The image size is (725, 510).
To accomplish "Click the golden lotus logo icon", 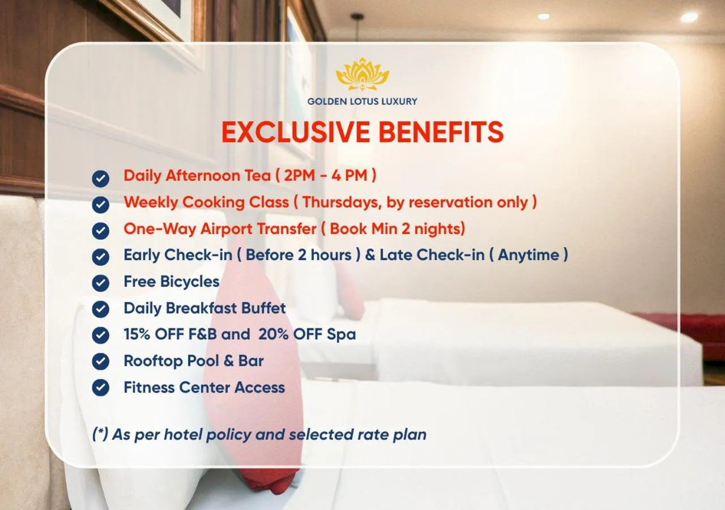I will click(362, 74).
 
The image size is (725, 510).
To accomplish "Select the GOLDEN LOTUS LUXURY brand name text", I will click(362, 101).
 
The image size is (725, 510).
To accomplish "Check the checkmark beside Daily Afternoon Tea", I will click(101, 178).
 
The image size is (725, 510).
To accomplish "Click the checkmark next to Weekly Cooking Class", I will click(101, 205).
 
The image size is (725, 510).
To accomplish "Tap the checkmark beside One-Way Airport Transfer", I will click(101, 231).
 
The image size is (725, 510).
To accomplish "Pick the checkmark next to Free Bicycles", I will click(101, 283).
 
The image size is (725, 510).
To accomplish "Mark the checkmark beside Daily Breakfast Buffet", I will click(101, 309).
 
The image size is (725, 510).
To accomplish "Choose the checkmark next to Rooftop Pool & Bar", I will click(101, 362).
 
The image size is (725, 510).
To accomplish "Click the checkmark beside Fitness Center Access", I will click(101, 388).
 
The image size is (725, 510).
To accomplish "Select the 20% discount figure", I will click(273, 334).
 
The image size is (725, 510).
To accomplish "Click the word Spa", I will click(342, 335).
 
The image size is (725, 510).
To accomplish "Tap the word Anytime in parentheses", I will click(530, 255).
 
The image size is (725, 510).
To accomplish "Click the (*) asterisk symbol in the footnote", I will click(100, 435).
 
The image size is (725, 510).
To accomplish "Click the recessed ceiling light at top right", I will click(689, 17).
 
